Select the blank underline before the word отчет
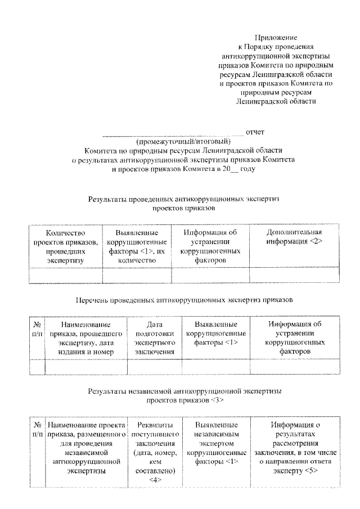coord(173,134)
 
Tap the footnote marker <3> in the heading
coord(218,400)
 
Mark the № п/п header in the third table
coord(37,430)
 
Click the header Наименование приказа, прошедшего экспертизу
coord(86,338)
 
